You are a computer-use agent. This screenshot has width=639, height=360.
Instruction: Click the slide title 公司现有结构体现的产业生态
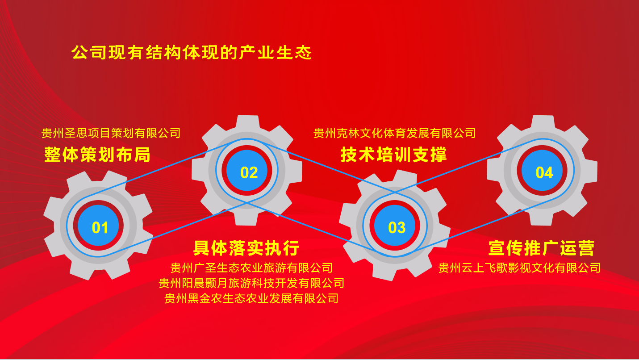192,53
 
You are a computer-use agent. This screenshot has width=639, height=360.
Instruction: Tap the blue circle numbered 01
98,226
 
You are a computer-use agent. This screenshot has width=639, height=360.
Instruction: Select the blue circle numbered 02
247,170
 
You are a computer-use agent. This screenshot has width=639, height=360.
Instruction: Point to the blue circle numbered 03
395,226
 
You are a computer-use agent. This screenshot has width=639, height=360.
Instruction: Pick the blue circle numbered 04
542,170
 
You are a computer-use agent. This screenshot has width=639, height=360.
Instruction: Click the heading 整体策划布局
97,155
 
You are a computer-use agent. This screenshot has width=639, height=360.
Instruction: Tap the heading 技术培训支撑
394,155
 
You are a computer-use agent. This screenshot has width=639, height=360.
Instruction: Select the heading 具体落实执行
246,248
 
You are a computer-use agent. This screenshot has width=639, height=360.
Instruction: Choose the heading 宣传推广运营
542,248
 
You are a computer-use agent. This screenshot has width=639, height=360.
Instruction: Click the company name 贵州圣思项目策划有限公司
111,133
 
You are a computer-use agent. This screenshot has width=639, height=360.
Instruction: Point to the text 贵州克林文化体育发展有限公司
395,133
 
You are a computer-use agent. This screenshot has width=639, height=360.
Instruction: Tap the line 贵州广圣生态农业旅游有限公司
251,268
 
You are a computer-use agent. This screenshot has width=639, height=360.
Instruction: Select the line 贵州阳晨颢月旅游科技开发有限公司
251,283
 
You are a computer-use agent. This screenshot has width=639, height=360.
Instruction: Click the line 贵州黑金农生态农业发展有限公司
251,298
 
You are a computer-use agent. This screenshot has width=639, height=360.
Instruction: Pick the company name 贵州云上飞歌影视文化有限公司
519,268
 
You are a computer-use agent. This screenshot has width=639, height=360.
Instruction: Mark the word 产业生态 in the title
276,53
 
